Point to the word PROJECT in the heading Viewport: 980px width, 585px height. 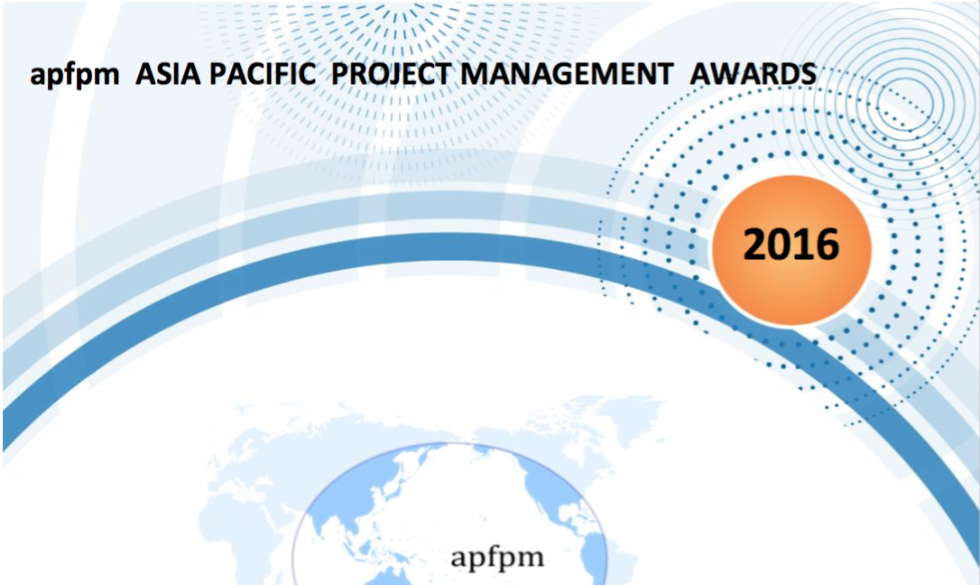391,74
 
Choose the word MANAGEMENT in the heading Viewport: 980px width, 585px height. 567,74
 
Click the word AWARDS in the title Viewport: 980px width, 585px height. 753,74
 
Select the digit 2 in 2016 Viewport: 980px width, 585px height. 754,244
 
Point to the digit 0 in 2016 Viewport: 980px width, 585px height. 780,244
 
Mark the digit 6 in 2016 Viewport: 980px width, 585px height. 827,244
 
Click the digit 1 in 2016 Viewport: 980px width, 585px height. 803,244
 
